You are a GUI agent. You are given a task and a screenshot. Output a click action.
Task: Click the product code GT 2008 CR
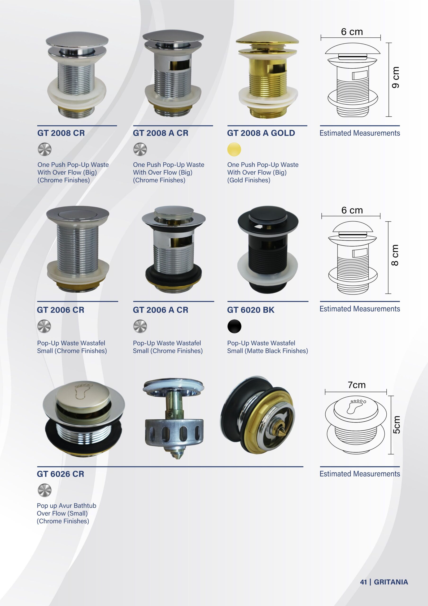(x=61, y=133)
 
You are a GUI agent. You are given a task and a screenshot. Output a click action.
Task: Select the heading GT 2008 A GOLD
(x=261, y=133)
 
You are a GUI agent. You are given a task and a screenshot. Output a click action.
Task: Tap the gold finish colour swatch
(x=234, y=149)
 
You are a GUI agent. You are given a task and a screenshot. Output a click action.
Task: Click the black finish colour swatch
(x=234, y=326)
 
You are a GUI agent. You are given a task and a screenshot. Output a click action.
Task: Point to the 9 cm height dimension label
(x=395, y=77)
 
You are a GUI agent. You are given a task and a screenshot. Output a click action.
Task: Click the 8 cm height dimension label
(x=395, y=255)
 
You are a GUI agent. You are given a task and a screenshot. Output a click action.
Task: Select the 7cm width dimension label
(x=357, y=385)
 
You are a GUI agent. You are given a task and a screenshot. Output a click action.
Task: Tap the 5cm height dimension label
(x=396, y=425)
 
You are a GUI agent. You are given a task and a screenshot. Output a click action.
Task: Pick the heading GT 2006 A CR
(x=160, y=310)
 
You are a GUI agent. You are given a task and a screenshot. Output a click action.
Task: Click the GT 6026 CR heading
(x=60, y=474)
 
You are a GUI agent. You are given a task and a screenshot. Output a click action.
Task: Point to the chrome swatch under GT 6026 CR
(x=44, y=490)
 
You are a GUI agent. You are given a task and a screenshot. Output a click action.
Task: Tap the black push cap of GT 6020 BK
(x=268, y=214)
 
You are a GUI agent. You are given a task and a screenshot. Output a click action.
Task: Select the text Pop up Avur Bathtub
(x=66, y=506)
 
